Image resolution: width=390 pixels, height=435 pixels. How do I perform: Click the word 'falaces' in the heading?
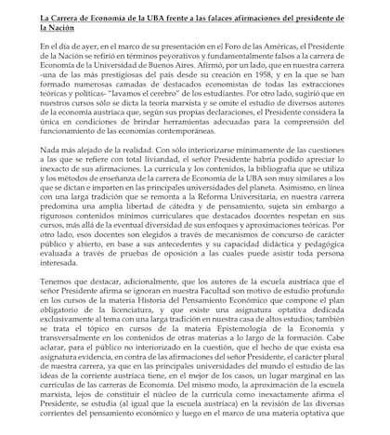pyautogui.click(x=235, y=16)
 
